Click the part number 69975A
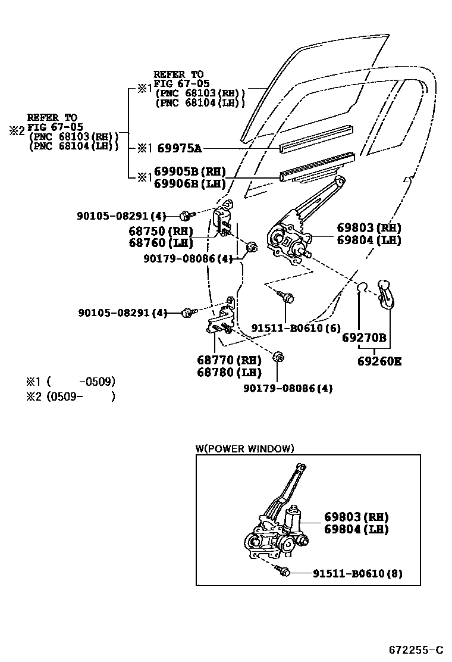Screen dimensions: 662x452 pyautogui.click(x=180, y=148)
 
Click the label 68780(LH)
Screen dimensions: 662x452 pyautogui.click(x=229, y=373)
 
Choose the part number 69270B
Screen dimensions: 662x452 pyautogui.click(x=364, y=338)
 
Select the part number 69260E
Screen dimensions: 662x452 pyautogui.click(x=379, y=361)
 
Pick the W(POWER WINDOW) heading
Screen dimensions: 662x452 pyautogui.click(x=244, y=448)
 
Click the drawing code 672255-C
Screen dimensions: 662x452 pyautogui.click(x=416, y=648)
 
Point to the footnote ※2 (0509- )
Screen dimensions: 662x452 pyautogui.click(x=70, y=395)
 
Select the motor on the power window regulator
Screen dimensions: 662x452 pyautogui.click(x=293, y=517)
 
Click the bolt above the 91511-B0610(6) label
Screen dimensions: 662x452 pyautogui.click(x=288, y=296)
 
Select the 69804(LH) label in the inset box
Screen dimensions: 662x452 pyautogui.click(x=356, y=529)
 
